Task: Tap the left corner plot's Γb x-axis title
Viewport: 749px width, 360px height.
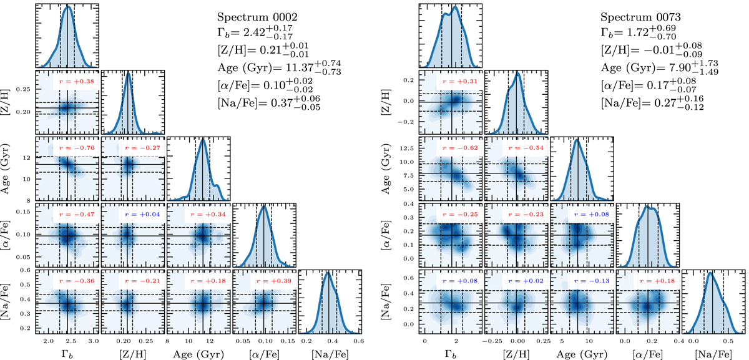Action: pos(66,354)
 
